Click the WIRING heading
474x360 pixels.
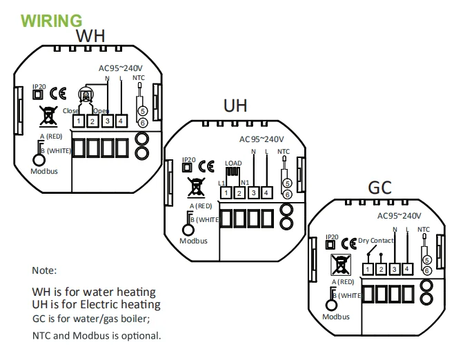click(52, 21)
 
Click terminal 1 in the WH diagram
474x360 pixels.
click(79, 121)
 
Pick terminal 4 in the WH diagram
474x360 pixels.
click(121, 121)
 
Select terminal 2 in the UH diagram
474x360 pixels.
click(239, 192)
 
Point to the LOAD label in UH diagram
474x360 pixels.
click(234, 163)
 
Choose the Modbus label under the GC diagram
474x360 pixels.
click(335, 317)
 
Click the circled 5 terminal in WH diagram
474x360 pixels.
click(142, 110)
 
